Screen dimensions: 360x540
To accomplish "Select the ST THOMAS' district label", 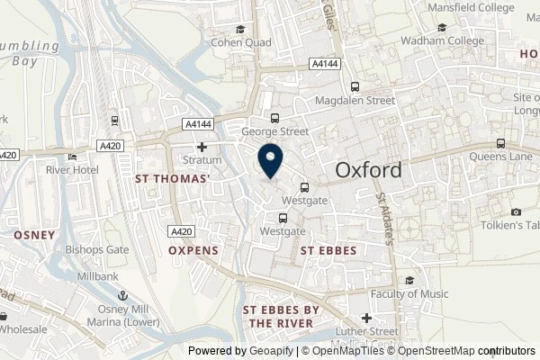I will click(172, 179).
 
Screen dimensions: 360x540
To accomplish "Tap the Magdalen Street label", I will click(354, 102).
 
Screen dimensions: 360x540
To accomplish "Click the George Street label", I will click(274, 131).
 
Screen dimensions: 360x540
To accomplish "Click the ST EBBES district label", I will click(328, 251).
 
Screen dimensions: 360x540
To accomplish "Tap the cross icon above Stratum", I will click(202, 148).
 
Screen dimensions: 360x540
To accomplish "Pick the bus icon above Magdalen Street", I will click(355, 87).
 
